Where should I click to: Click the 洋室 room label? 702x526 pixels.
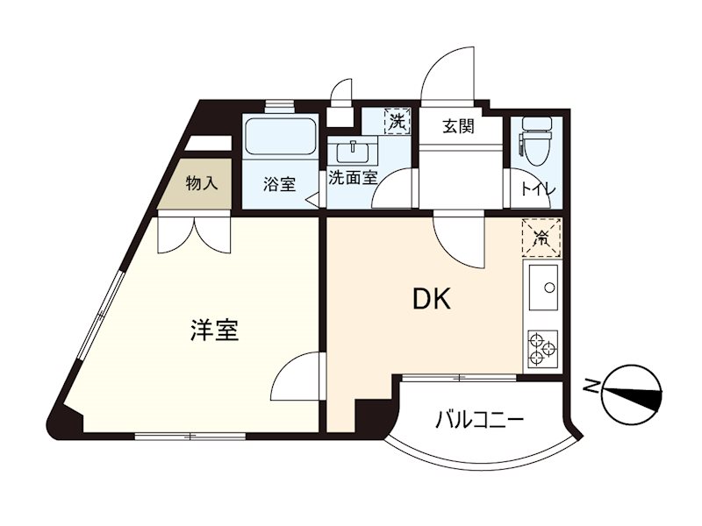point(215,331)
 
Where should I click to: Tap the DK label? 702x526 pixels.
point(432,300)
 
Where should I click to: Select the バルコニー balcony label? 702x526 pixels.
point(480,420)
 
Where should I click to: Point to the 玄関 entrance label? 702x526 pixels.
point(457,126)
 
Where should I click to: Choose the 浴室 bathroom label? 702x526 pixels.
point(280,185)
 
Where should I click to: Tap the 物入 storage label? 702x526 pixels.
point(202,184)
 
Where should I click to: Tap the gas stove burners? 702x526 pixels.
point(542,350)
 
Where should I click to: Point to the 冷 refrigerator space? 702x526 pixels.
point(541,236)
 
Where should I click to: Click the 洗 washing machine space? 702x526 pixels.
point(398,121)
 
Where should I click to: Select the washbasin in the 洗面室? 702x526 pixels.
point(355,149)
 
